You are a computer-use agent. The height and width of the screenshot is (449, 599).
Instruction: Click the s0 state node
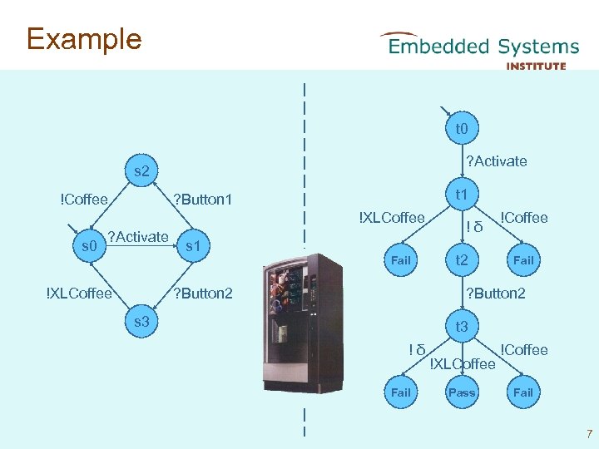89,246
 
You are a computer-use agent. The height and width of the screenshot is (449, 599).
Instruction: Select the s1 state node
193,246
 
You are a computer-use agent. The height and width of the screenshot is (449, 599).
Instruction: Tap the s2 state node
141,170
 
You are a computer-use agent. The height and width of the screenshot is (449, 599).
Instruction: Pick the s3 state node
141,322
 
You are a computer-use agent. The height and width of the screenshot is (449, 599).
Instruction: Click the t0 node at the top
463,128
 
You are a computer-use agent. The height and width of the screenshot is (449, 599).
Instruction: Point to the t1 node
463,194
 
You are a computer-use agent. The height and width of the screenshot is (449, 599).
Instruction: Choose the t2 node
463,260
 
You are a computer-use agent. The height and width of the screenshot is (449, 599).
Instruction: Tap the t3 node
463,326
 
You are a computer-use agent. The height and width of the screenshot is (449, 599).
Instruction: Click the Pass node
463,392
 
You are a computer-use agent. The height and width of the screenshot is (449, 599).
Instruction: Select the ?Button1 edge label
203,200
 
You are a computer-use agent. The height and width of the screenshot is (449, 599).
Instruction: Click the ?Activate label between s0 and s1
138,237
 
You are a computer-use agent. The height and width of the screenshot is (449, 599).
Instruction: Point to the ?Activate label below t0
497,161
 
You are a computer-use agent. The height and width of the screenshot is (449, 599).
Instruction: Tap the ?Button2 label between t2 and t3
496,294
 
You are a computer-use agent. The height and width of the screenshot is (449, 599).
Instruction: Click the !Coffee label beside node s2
84,200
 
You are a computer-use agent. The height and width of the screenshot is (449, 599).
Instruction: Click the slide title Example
84,39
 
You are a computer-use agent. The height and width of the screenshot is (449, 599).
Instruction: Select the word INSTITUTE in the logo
536,67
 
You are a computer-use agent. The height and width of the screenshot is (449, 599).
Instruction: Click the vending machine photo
303,323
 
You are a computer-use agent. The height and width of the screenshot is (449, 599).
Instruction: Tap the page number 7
590,434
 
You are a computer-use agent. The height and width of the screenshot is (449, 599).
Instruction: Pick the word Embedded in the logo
439,47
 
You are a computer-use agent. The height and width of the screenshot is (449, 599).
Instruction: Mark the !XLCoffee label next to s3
79,294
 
